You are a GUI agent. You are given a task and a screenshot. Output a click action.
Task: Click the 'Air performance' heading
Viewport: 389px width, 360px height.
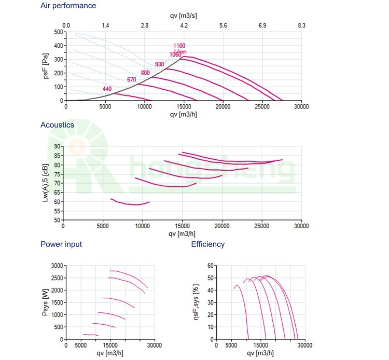pyautogui.click(x=68, y=6)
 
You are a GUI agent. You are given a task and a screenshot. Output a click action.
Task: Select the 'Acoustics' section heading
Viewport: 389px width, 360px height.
pyautogui.click(x=57, y=125)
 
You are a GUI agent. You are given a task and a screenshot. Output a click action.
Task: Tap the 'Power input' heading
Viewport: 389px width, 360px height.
pyautogui.click(x=61, y=244)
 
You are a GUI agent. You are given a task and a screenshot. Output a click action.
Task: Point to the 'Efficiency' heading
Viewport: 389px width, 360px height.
pyautogui.click(x=208, y=244)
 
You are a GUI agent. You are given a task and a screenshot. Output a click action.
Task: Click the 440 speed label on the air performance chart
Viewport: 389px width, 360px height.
pyautogui.click(x=107, y=89)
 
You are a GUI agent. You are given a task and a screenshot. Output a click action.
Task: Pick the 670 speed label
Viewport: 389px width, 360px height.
pyautogui.click(x=132, y=80)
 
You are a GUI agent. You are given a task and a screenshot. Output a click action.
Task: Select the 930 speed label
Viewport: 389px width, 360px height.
pyautogui.click(x=159, y=64)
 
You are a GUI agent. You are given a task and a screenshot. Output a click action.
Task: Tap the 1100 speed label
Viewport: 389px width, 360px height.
pyautogui.click(x=179, y=46)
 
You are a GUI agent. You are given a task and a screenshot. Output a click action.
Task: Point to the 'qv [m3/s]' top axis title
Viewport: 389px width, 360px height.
pyautogui.click(x=184, y=16)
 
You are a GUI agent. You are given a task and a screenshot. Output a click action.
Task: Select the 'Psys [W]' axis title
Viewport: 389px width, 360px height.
pyautogui.click(x=46, y=302)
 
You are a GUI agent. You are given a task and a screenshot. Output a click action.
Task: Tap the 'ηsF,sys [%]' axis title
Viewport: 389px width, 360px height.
pyautogui.click(x=197, y=302)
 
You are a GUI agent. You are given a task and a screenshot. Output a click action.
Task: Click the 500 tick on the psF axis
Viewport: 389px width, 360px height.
pyautogui.click(x=58, y=32)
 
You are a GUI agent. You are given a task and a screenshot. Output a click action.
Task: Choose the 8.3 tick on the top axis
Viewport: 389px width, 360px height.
pyautogui.click(x=301, y=25)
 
